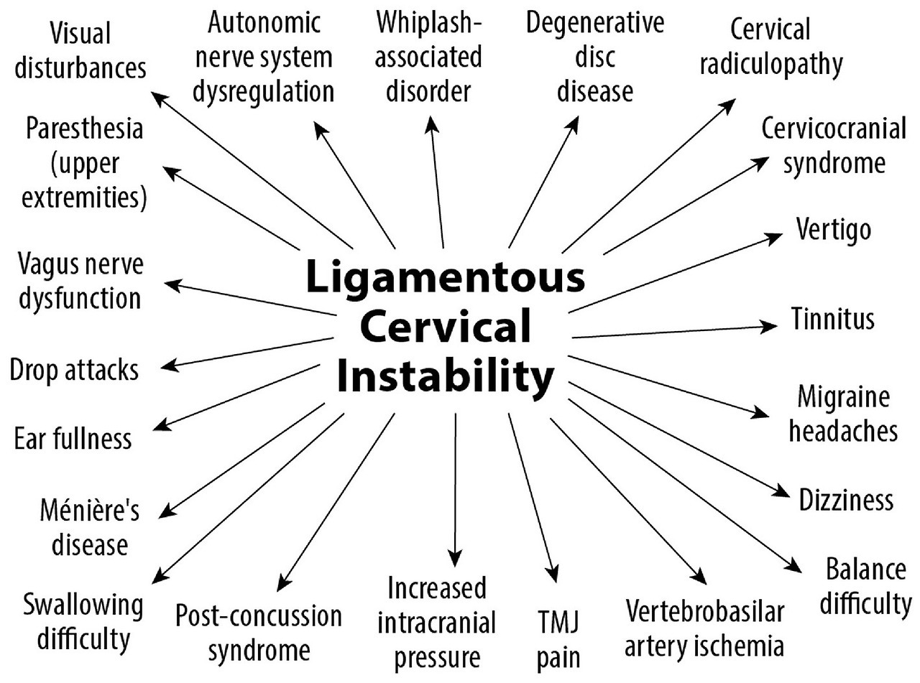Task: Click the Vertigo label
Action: tap(834, 230)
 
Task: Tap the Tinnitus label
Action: tap(833, 318)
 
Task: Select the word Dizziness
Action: tap(846, 500)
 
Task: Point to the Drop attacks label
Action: tap(74, 371)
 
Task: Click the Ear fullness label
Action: tap(73, 438)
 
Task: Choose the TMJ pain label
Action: tap(558, 638)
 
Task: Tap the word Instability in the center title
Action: tap(445, 376)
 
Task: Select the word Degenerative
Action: tap(594, 23)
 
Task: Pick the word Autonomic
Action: tap(263, 23)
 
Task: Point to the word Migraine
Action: tap(843, 396)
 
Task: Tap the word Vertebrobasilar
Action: tap(704, 613)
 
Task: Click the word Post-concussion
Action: tap(259, 615)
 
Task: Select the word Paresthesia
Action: tap(84, 130)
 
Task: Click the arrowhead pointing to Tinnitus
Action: tap(770, 325)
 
